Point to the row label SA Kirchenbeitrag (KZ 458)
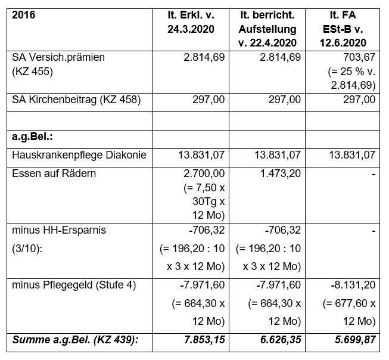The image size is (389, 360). [x=76, y=100]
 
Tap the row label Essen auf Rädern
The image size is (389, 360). [x=54, y=174]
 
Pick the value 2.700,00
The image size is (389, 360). [x=203, y=174]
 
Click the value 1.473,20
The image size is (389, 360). [x=279, y=174]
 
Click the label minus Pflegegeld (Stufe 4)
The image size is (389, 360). [x=74, y=285]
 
